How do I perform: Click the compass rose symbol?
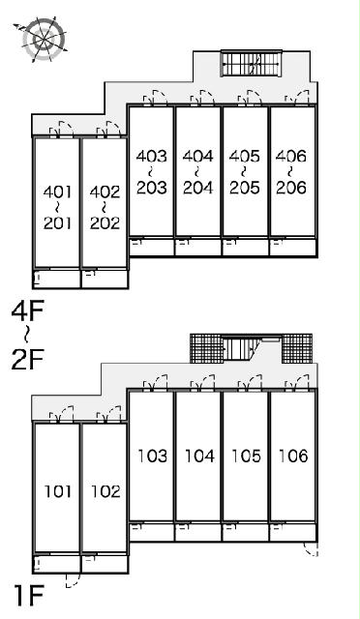point(44,40)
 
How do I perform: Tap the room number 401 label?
point(58,192)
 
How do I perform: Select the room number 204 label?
point(198,188)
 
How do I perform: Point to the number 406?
point(291,157)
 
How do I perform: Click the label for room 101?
point(58,491)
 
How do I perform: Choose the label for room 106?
point(293,456)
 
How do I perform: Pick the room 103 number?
point(153,456)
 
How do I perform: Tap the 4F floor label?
point(27,311)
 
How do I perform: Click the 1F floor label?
point(28,596)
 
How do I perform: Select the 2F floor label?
point(28,359)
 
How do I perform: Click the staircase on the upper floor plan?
point(252,63)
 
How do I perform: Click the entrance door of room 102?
point(108,415)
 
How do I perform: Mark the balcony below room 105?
point(245,532)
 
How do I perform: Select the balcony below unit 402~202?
point(105,279)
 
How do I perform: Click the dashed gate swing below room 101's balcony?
point(73,580)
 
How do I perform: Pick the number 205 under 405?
point(245,188)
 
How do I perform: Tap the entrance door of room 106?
point(297,383)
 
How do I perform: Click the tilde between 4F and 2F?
point(26,336)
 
